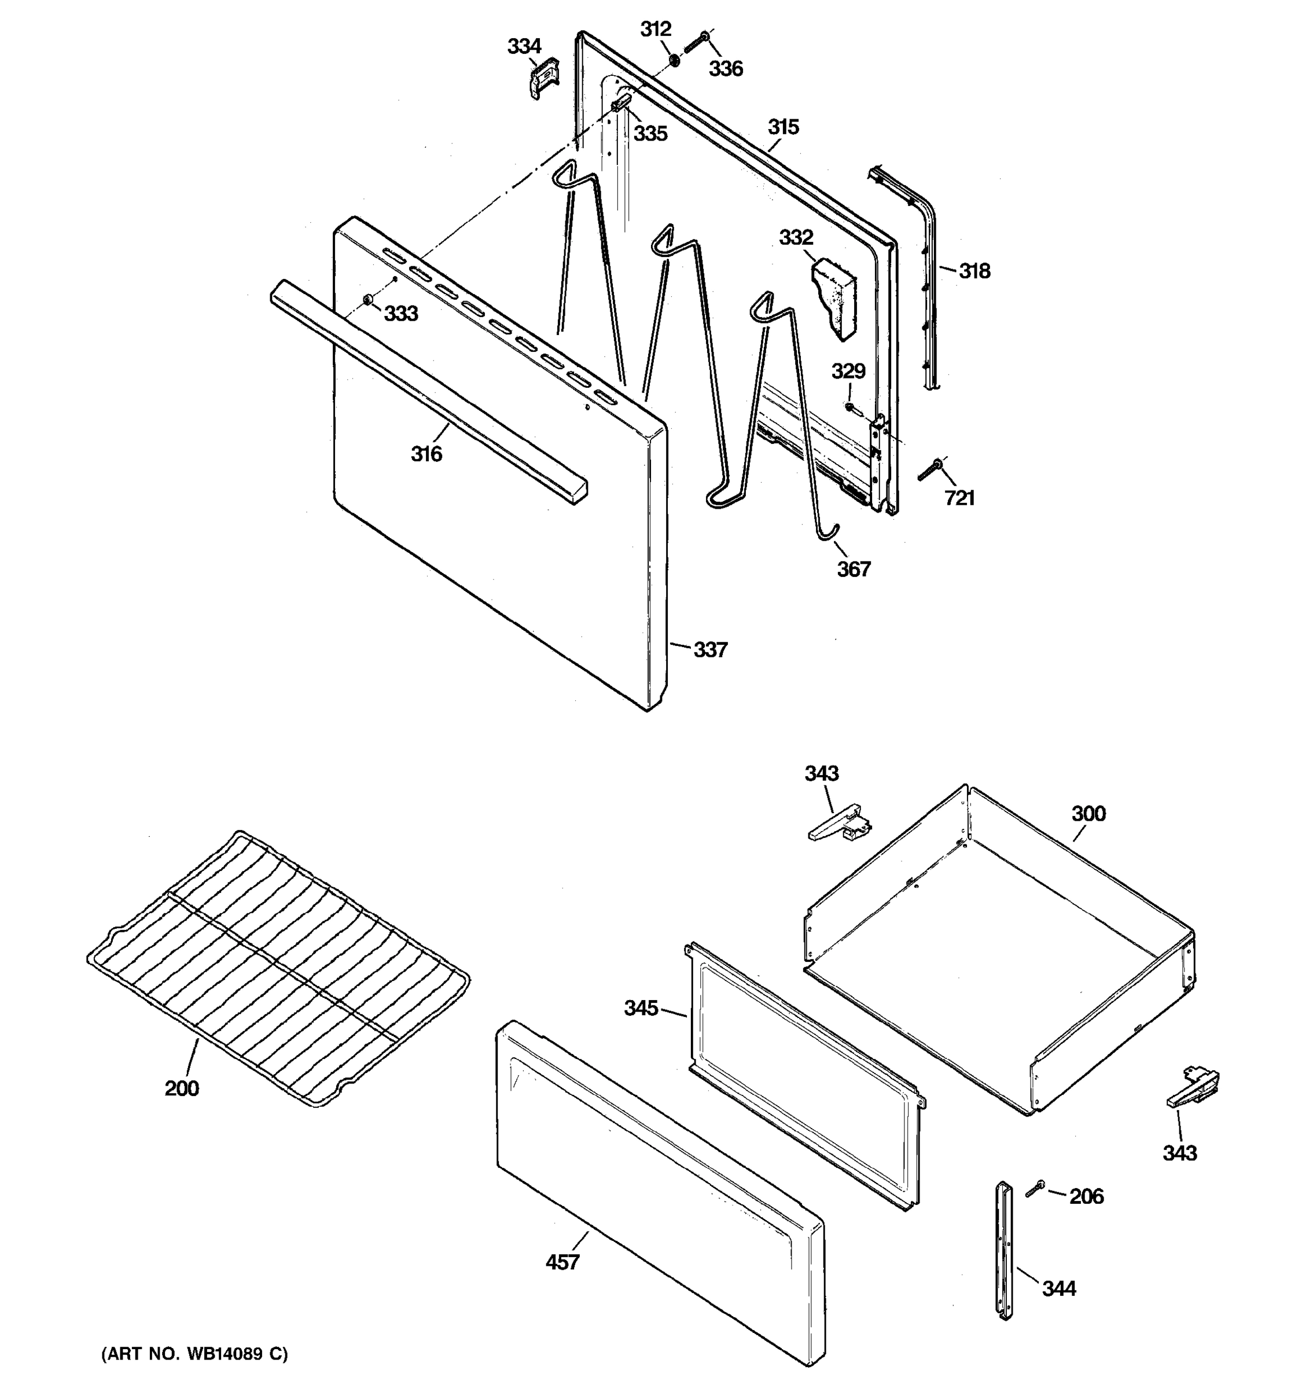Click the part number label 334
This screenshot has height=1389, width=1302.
524,47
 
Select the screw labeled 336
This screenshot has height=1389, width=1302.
697,42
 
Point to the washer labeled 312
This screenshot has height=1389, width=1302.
675,61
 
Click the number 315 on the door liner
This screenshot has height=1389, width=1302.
783,127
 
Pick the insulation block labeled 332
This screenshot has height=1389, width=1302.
834,297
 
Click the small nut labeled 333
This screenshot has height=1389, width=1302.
367,300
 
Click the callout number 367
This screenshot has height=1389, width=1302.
854,569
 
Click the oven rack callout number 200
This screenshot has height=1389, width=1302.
182,1088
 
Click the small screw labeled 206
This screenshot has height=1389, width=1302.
1035,1189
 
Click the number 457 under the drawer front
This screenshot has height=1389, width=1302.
562,1262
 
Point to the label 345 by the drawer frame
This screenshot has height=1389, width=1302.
641,1008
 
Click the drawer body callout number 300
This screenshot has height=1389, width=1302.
1089,813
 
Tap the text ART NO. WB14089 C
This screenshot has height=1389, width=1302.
195,1354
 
